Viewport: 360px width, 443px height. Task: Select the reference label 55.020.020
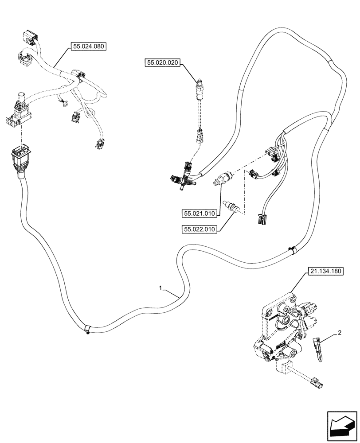pyautogui.click(x=162, y=63)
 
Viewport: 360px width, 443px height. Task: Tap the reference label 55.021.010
pyautogui.click(x=199, y=214)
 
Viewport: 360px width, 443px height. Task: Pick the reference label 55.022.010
pyautogui.click(x=199, y=229)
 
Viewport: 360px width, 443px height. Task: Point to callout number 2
pyautogui.click(x=339, y=332)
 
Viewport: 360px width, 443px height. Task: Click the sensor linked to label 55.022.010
pyautogui.click(x=232, y=206)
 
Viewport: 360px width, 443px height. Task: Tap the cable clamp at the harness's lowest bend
pyautogui.click(x=87, y=329)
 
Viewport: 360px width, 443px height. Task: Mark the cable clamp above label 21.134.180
pyautogui.click(x=291, y=250)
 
